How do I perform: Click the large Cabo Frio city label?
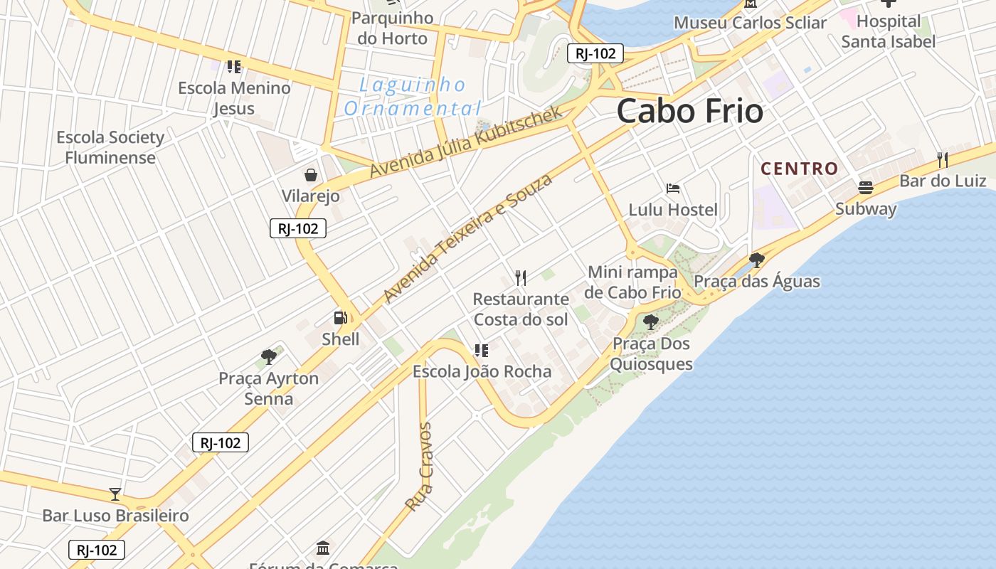click(x=689, y=111)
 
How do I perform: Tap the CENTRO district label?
click(x=800, y=169)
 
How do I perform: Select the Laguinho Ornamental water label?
click(x=412, y=97)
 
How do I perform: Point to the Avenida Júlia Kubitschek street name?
click(x=466, y=142)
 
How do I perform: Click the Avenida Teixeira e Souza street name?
click(x=467, y=238)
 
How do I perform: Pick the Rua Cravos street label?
click(x=419, y=467)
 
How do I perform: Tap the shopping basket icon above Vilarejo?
click(x=311, y=175)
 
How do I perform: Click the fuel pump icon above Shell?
click(x=341, y=318)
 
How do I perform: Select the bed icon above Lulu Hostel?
click(x=673, y=188)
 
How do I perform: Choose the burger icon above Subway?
click(x=866, y=188)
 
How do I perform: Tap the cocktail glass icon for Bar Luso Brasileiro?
click(x=115, y=494)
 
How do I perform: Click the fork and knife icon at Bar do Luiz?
click(x=943, y=159)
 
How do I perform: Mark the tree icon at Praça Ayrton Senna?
click(x=268, y=356)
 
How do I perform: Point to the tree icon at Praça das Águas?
click(x=757, y=260)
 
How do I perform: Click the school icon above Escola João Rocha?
click(x=482, y=350)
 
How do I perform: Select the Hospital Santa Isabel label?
click(x=889, y=31)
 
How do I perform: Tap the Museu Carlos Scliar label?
click(x=750, y=23)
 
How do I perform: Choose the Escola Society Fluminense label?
click(x=110, y=147)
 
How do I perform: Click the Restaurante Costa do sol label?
click(x=521, y=309)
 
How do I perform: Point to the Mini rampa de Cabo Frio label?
click(x=632, y=282)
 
